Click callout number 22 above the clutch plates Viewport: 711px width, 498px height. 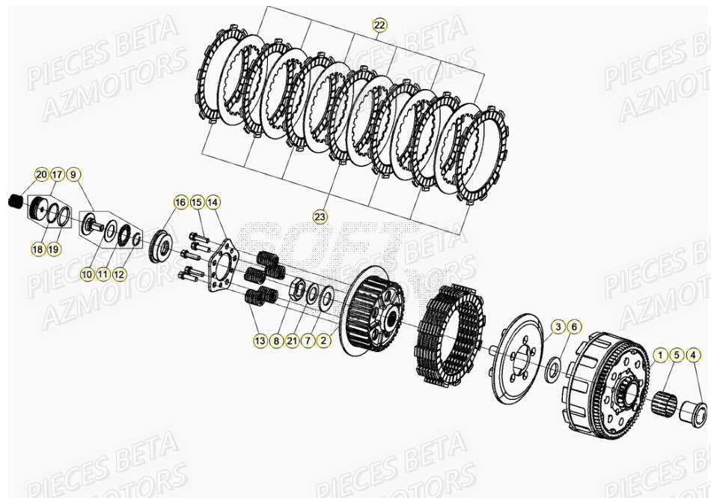tap(379, 25)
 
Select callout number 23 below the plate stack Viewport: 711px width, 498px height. tap(320, 217)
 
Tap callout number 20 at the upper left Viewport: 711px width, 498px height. tap(40, 175)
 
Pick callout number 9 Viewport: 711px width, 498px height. tap(73, 175)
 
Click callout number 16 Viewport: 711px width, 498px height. tap(180, 202)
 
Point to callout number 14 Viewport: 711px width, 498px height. tap(213, 202)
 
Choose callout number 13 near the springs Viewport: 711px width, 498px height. tap(260, 341)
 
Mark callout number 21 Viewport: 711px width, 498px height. tap(292, 341)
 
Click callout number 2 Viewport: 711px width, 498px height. tap(323, 341)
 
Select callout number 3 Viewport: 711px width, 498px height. tap(558, 327)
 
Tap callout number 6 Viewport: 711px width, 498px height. tap(574, 327)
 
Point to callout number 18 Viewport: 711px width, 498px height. tap(38, 249)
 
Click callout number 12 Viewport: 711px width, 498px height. tap(120, 274)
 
